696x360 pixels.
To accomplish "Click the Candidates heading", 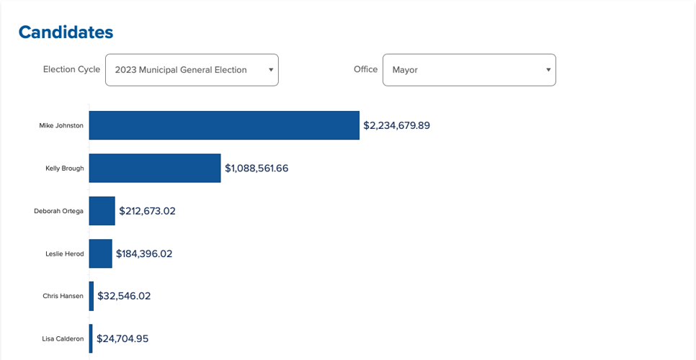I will pyautogui.click(x=66, y=32).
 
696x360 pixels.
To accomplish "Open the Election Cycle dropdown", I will pyautogui.click(x=191, y=70).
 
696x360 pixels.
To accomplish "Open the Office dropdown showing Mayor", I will pyautogui.click(x=468, y=70).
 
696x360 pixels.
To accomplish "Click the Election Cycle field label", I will pyautogui.click(x=71, y=70).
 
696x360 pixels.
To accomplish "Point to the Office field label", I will pyautogui.click(x=365, y=70).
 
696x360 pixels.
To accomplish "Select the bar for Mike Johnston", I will pyautogui.click(x=224, y=125).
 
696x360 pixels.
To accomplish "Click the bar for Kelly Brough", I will pyautogui.click(x=155, y=168).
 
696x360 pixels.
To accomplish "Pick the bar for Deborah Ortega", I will pyautogui.click(x=102, y=211).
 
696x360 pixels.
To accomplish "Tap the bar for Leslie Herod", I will pyautogui.click(x=100, y=253).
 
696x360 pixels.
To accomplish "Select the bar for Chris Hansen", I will pyautogui.click(x=92, y=296).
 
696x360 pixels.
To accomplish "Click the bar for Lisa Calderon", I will pyautogui.click(x=91, y=338).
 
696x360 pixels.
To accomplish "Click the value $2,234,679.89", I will pyautogui.click(x=396, y=125).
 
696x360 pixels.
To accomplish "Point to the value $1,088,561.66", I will pyautogui.click(x=256, y=168).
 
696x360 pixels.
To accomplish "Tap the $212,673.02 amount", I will pyautogui.click(x=147, y=211).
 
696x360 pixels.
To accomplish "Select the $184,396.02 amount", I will pyautogui.click(x=144, y=253).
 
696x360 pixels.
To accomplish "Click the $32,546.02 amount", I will pyautogui.click(x=124, y=296).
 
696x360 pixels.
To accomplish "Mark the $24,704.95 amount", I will pyautogui.click(x=122, y=338).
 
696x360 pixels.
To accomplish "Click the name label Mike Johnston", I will pyautogui.click(x=61, y=125).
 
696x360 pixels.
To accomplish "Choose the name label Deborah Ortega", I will pyautogui.click(x=58, y=211).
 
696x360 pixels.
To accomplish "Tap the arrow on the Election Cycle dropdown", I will pyautogui.click(x=271, y=70).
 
